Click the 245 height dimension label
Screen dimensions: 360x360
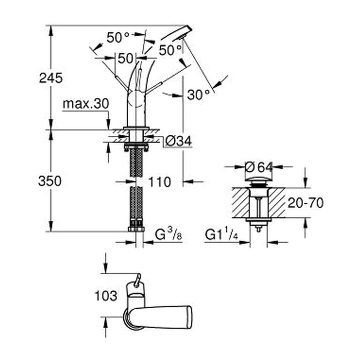51,78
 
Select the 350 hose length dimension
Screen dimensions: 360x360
50,181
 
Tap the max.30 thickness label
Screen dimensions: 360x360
86,104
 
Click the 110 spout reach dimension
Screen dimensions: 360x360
160,182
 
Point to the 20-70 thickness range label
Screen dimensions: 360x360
306,203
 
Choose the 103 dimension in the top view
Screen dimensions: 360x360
106,296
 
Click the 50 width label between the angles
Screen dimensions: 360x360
126,58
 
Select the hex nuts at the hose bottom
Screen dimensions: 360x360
136,229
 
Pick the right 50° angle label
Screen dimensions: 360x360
170,50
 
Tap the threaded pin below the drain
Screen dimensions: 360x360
258,229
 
